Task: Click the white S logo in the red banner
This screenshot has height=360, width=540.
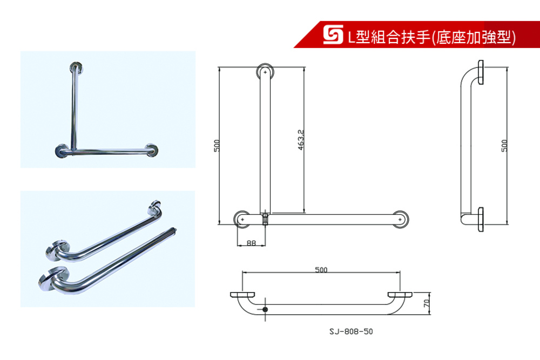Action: tap(333, 35)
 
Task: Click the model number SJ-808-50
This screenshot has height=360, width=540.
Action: tap(351, 331)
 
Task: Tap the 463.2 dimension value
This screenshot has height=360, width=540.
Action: tap(301, 140)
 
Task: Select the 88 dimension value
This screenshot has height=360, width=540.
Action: tap(252, 243)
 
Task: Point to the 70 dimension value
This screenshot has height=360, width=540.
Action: tap(427, 303)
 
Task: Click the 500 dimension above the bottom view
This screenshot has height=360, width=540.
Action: tap(321, 269)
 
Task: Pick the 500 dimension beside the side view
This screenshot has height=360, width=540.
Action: tap(504, 145)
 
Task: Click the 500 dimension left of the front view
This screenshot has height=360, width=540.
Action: tap(217, 145)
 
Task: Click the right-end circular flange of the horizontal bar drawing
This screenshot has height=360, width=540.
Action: tap(401, 219)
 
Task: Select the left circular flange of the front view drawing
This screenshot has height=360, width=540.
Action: tap(242, 219)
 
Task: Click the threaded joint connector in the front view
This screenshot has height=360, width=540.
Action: tap(265, 219)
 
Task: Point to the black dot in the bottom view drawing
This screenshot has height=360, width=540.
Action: tap(265, 309)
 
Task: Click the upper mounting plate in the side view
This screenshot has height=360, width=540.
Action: tap(481, 72)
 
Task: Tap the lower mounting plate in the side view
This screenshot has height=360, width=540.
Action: tap(481, 219)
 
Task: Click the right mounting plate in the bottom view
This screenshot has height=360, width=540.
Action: tap(400, 295)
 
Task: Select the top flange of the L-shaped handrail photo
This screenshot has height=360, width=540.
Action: tap(77, 67)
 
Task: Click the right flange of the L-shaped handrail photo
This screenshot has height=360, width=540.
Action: tap(152, 150)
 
